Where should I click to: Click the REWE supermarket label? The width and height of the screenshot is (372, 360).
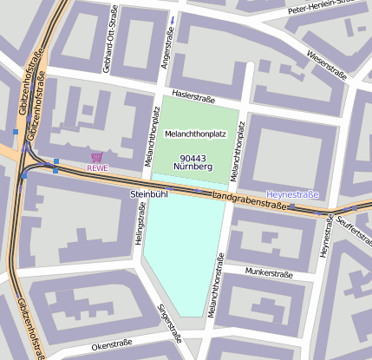click(x=97, y=168)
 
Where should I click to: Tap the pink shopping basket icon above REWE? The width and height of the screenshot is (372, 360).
click(x=97, y=157)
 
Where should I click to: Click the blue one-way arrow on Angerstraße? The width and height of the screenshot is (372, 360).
click(x=173, y=19)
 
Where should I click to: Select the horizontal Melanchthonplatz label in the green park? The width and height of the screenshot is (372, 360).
click(x=195, y=134)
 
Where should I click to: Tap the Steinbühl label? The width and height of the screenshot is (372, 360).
click(x=148, y=193)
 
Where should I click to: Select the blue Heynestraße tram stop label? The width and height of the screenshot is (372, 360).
click(x=293, y=194)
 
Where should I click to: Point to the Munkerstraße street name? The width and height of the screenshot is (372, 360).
click(x=269, y=272)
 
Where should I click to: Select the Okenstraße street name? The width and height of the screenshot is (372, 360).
click(x=111, y=344)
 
